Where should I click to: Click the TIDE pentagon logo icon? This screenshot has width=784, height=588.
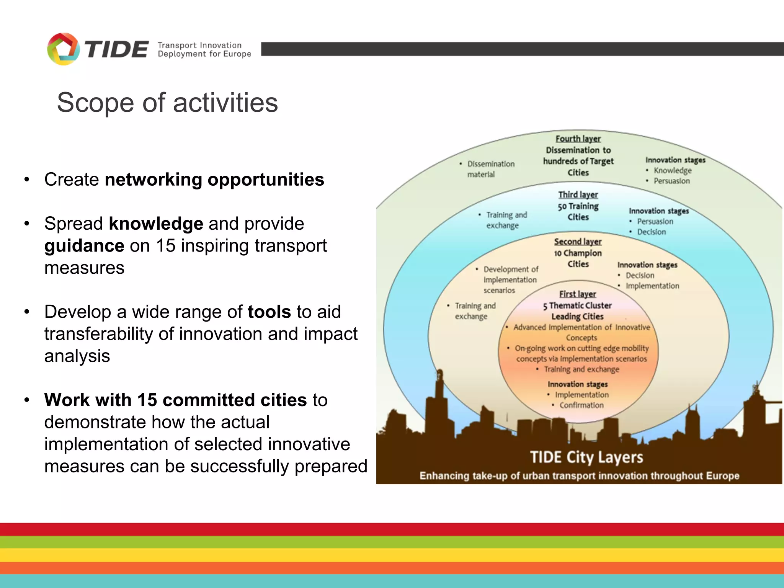click(63, 49)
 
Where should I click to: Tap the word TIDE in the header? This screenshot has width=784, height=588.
click(116, 50)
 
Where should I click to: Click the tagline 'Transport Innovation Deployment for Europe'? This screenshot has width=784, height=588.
click(204, 50)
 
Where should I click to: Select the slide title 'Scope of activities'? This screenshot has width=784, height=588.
click(167, 103)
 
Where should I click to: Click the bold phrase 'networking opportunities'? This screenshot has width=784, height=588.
click(214, 180)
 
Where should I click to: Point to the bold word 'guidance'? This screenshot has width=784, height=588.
click(84, 246)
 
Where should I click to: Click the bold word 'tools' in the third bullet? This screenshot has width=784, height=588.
click(269, 312)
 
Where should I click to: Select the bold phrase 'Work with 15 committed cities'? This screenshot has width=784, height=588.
click(175, 400)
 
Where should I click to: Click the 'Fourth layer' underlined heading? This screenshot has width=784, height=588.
click(578, 139)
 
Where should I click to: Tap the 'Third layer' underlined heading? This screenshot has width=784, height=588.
click(578, 195)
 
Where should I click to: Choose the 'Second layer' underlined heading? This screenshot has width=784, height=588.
click(578, 242)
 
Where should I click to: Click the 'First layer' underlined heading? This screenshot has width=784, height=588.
click(578, 294)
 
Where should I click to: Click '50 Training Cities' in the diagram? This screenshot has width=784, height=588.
click(578, 212)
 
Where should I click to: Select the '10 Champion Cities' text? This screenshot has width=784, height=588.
click(578, 258)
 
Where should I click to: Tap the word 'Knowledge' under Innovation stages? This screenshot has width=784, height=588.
click(673, 170)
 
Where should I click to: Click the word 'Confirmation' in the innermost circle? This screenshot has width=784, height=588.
click(581, 405)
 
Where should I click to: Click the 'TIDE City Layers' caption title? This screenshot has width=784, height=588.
click(586, 457)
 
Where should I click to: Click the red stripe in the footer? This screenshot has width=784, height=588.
click(392, 529)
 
